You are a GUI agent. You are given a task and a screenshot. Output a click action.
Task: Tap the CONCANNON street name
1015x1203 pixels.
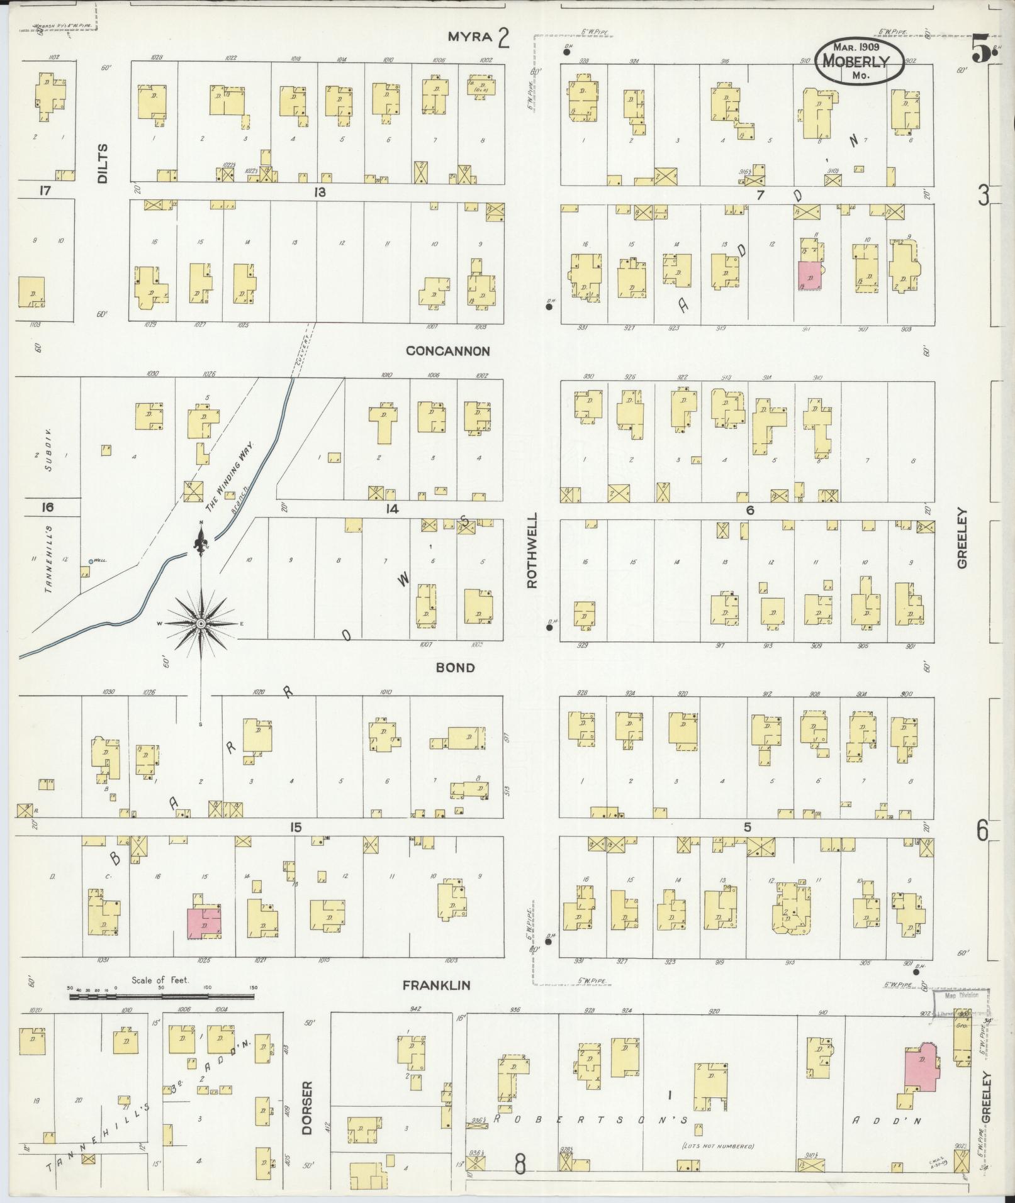pos(447,351)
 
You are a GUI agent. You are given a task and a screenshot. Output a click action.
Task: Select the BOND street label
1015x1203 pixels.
pos(456,667)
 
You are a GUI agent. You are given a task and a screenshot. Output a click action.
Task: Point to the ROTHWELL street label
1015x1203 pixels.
pos(532,550)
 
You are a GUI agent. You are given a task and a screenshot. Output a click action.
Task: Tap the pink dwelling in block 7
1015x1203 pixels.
pos(809,276)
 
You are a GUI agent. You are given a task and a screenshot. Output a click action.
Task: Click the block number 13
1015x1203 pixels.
pos(320,192)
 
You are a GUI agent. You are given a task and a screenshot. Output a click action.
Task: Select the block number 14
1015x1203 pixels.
pos(393,509)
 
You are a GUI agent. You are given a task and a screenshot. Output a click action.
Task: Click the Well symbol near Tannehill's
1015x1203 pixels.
pos(91,561)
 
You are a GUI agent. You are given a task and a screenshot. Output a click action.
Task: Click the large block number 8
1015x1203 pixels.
pos(520,1165)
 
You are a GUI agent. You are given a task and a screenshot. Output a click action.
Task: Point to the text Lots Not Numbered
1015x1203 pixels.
pos(718,1146)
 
